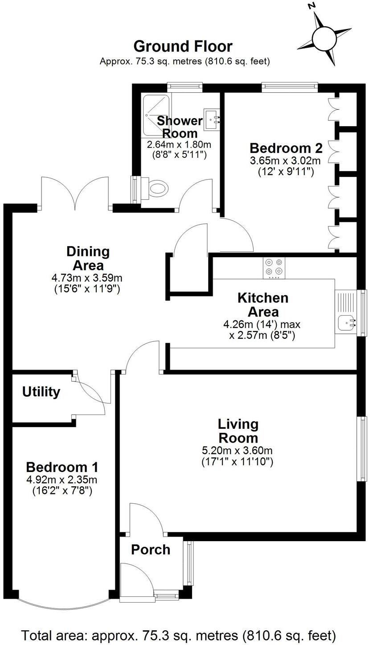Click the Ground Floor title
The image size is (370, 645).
183,46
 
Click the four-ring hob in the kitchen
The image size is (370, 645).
274,267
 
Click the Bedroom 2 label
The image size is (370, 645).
286,148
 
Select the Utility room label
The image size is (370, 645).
41,392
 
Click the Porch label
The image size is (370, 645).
151,550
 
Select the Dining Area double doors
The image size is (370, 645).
75,193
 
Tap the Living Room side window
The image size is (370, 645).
363,448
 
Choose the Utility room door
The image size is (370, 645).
91,394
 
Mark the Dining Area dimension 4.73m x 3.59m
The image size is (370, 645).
87,283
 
